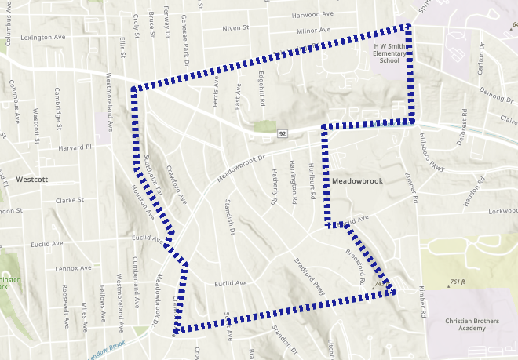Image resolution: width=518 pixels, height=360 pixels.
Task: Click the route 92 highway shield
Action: coord(282,134)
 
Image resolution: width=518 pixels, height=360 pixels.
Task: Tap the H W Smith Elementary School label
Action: coord(388,53)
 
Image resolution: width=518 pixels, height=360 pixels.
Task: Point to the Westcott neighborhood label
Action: coord(31,180)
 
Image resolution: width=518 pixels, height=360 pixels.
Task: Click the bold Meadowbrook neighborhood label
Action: coord(357,181)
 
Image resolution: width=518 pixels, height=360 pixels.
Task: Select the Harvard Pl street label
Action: coord(75,147)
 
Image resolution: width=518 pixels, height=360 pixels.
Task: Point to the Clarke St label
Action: coord(70,200)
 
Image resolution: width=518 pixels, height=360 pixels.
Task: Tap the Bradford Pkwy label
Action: coord(308,275)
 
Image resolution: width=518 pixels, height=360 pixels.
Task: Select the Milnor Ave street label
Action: coord(290,31)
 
